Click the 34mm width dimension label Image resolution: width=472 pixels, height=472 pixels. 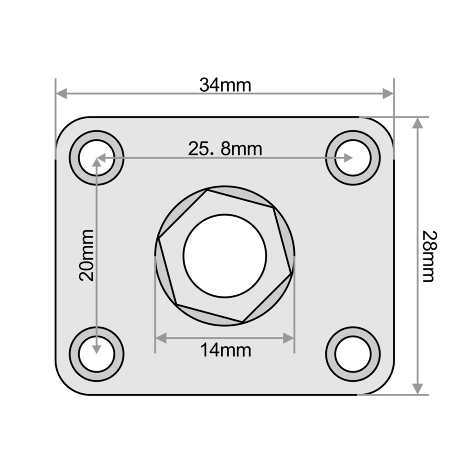pos(225,85)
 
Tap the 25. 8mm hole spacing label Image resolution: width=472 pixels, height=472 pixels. pos(225,149)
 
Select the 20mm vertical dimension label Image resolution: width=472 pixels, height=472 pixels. pos(87,255)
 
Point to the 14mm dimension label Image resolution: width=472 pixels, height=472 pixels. pos(225,350)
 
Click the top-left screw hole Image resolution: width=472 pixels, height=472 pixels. pos(96,158)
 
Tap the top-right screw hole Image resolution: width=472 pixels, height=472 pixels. pos(353,158)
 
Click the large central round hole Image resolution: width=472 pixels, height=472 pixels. pos(225,255)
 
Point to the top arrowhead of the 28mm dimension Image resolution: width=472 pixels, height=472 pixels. pos(417,123)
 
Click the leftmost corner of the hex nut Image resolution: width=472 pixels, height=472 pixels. pos(158,239)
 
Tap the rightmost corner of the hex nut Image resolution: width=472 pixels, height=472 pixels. pos(292,273)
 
